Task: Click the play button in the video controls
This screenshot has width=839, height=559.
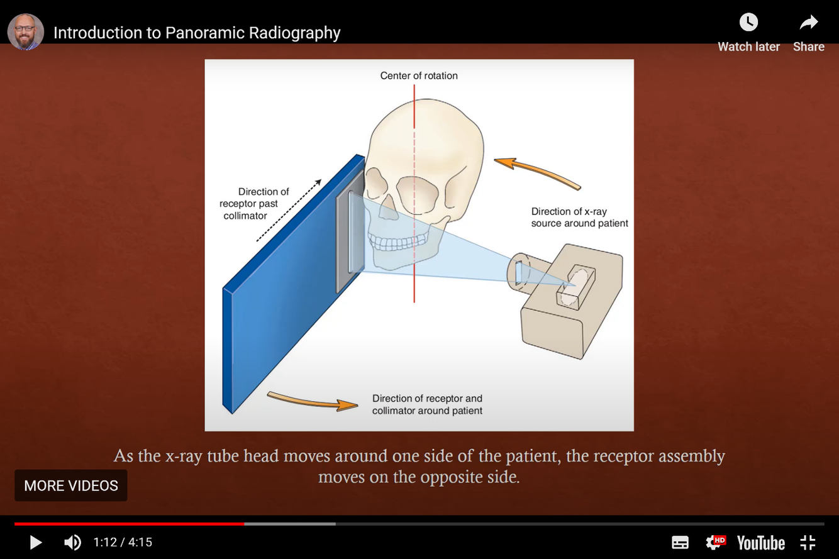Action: click(35, 542)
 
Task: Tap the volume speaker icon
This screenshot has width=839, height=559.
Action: click(72, 542)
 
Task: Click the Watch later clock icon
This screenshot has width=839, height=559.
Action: click(748, 23)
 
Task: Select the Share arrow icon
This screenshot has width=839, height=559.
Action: click(808, 23)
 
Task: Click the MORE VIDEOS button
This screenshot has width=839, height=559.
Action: click(71, 485)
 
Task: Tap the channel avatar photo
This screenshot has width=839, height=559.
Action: click(26, 32)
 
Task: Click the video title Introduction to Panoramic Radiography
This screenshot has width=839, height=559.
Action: click(197, 33)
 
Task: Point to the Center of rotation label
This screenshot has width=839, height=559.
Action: click(419, 75)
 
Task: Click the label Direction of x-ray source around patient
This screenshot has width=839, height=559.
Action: click(579, 218)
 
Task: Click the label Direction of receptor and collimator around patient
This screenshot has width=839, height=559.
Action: click(427, 404)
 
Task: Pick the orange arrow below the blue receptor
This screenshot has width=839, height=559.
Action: click(312, 401)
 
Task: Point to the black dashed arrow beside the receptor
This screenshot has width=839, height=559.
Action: click(289, 211)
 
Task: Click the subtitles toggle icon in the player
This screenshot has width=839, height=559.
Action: click(680, 542)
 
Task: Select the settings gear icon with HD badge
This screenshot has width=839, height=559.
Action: click(715, 542)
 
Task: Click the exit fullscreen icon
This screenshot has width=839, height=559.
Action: click(808, 542)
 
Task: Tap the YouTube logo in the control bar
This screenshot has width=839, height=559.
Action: click(760, 542)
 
